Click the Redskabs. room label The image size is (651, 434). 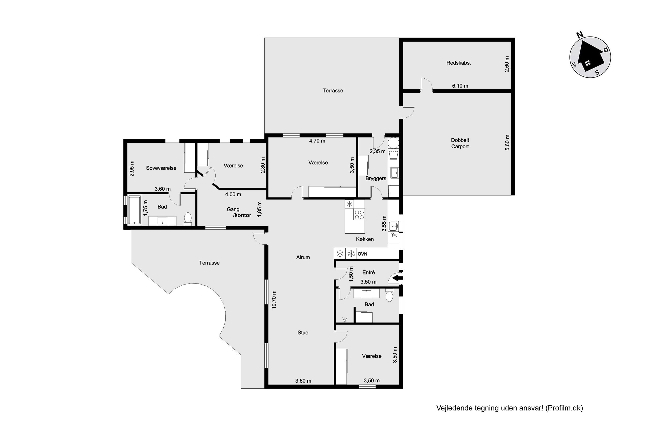458,63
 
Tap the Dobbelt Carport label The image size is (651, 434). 460,143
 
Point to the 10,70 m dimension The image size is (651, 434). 274,303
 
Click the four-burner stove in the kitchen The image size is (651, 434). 359,215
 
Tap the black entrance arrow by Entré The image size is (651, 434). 398,278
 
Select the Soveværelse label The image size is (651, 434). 161,168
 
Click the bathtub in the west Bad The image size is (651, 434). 135,210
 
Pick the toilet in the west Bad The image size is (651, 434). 188,218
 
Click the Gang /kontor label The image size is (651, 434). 238,212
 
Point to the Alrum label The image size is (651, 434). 303,257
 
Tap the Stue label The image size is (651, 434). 303,333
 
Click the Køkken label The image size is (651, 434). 365,239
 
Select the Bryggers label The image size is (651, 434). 376,179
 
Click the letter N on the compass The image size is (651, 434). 580,35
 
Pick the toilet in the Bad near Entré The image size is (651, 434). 389,296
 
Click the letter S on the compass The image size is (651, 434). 597,73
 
